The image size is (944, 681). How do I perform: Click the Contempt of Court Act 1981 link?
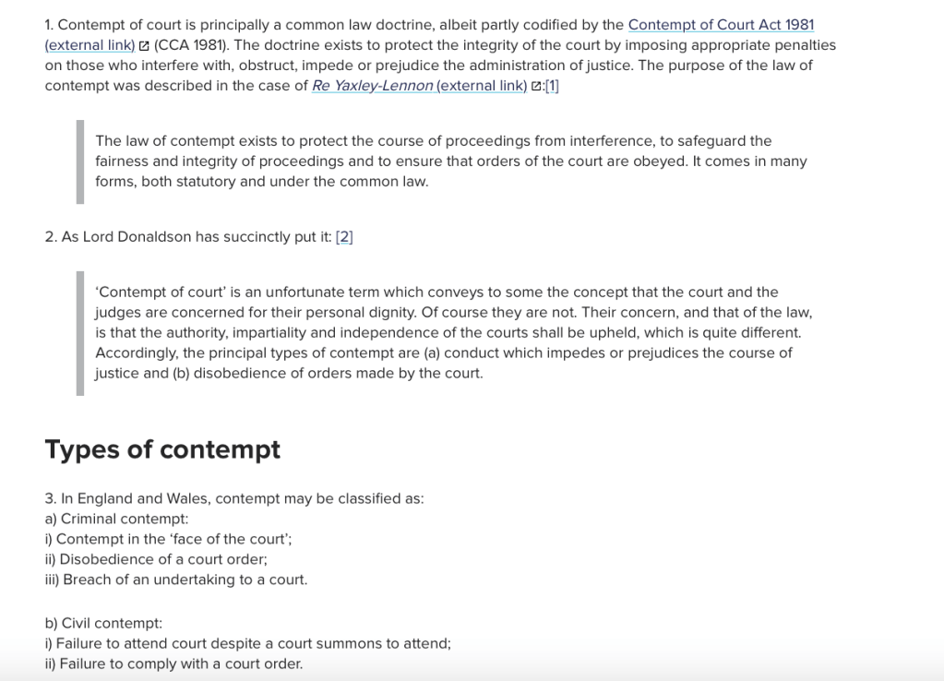point(721,25)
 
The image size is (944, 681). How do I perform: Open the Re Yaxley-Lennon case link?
point(373,86)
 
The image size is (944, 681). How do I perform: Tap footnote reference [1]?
point(552,86)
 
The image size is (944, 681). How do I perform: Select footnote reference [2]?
point(344,237)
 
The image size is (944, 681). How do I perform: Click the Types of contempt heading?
point(162,449)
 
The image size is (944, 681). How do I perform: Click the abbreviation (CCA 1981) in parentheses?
point(191,45)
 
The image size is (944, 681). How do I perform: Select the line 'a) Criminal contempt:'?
point(116,519)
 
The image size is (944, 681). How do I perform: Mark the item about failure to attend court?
point(253,643)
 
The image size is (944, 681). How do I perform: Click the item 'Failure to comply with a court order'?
point(181,663)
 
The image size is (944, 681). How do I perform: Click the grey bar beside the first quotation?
point(80,161)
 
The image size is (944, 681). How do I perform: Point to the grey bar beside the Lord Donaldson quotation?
point(80,333)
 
